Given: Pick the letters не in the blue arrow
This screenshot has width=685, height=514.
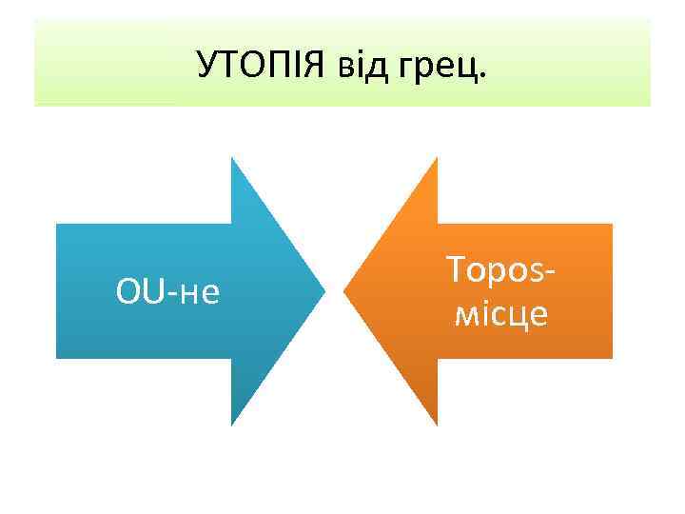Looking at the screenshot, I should pos(200,294).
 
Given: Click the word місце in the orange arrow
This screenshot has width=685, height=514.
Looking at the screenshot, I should pos(500,314).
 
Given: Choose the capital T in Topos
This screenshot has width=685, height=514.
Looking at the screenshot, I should pos(453,271).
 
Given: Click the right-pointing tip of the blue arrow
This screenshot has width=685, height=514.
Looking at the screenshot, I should pos(324,290).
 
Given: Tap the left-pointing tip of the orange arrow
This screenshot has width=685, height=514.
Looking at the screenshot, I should pos(344,290).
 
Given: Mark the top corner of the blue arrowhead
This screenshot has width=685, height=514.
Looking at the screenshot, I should pos(233,159).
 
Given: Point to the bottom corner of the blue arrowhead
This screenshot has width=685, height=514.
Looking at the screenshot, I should pos(233,424).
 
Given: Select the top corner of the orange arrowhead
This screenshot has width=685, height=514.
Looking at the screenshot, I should pos(437,159).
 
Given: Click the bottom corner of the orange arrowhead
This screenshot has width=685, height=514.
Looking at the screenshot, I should pos(437,424).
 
